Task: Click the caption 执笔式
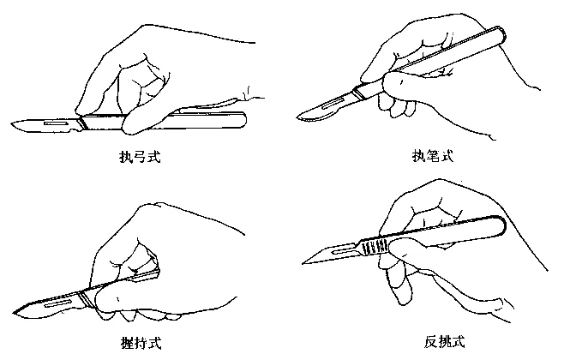[431, 158]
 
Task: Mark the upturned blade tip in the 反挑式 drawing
[303, 262]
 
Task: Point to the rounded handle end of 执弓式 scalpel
[243, 118]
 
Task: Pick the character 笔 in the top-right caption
[431, 158]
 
